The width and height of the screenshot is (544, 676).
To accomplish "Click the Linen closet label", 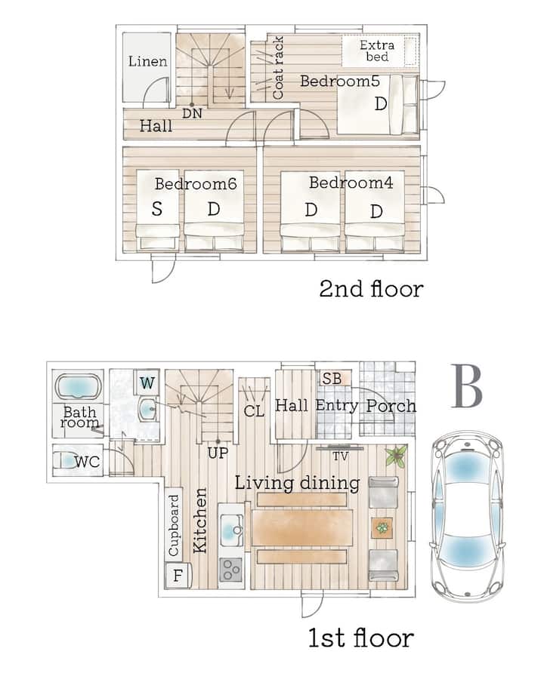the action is coord(147,61).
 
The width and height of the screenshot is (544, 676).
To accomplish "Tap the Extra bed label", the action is coord(377,51).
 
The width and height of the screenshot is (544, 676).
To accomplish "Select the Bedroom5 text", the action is coord(340,81).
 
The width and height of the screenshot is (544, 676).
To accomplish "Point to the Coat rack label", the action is coord(279,68).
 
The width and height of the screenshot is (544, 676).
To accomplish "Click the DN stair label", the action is coord(192,114).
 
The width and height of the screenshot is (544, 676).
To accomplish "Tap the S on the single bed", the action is coord(156,209).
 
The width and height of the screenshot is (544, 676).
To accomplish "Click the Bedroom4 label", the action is coord(351,183).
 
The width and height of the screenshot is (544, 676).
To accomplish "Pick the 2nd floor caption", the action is coord(371,289).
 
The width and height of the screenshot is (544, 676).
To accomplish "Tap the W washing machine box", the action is coord(147,383).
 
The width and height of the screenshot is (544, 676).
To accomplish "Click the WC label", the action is coord(88,462).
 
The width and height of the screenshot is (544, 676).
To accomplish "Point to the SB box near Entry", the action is coord(332,379).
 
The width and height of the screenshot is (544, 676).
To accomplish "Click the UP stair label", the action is coord(218,453).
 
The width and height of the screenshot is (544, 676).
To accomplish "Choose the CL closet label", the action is coord(254,411).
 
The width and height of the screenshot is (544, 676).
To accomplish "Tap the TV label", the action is coord(340,456).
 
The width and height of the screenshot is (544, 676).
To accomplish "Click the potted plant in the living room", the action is coord(396,456).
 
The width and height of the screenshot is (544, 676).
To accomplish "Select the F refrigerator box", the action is coord(178,576).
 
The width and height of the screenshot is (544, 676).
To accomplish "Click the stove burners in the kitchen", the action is coord(231,570).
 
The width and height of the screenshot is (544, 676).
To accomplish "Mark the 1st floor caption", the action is coord(361,638).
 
